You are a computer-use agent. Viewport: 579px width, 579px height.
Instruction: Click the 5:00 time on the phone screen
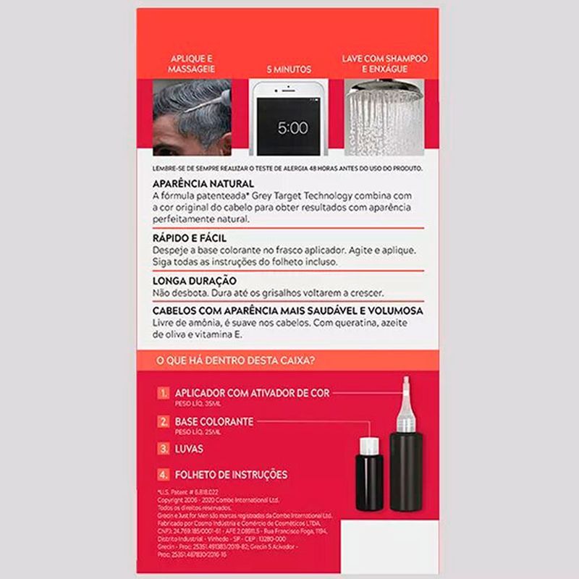point(292,128)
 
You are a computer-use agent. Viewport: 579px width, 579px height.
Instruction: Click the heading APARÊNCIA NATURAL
point(203,184)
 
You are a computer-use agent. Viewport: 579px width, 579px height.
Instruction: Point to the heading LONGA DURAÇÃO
point(195,280)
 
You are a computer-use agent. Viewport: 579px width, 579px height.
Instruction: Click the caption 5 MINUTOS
point(289,69)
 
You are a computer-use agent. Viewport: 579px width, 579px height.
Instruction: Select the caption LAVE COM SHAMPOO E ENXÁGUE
point(385,63)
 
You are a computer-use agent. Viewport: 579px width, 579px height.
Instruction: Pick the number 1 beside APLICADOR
point(164,393)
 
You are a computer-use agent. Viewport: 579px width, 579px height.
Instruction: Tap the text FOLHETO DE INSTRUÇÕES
point(231,475)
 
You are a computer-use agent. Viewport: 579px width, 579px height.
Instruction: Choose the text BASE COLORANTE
point(214,421)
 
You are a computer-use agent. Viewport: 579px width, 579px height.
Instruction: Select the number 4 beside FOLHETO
point(164,475)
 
